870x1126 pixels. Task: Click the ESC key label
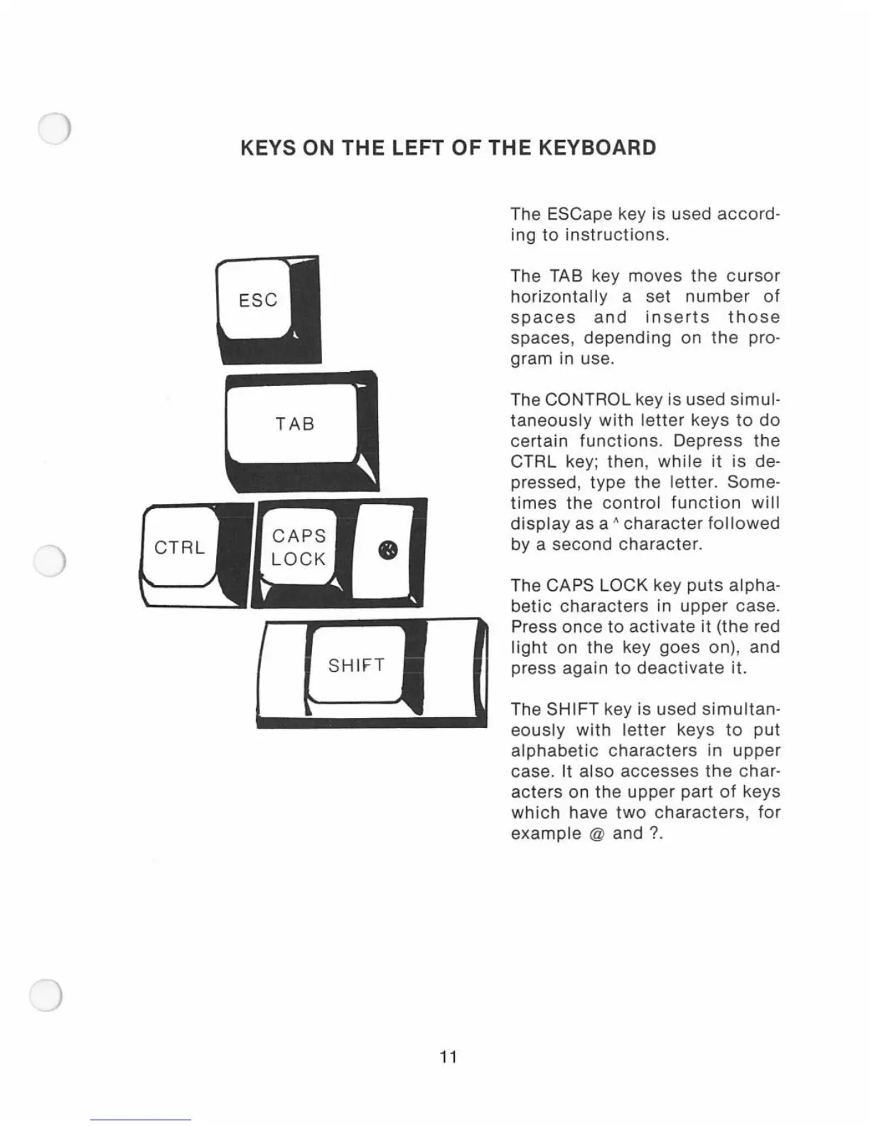click(x=258, y=300)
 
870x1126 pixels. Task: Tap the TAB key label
click(x=295, y=424)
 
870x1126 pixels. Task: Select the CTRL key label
click(x=179, y=547)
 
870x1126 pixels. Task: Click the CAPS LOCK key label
click(x=299, y=547)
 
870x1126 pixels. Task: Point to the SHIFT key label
click(x=356, y=665)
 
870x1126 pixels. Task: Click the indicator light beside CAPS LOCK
click(x=387, y=550)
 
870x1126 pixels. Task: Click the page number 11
click(x=448, y=1057)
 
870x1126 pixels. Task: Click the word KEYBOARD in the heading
click(x=596, y=148)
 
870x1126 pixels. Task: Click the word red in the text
click(x=766, y=627)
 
